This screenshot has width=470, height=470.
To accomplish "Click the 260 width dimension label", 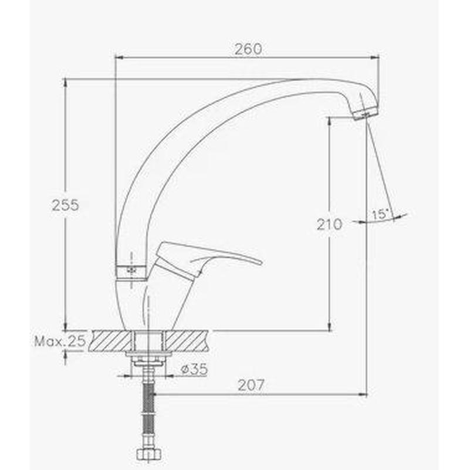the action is point(248,49).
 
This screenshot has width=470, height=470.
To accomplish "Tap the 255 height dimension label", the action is point(65,205).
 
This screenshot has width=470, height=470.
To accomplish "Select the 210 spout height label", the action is point(329,224).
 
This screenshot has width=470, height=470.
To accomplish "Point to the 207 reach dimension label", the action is point(251,386).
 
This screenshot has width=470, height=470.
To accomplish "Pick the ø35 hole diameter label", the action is point(194,369).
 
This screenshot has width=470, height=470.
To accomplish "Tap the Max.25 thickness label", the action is point(60,341).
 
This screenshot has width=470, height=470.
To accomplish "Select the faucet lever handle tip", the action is point(260,262).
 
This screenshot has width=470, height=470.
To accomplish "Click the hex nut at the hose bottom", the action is point(148,454).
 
